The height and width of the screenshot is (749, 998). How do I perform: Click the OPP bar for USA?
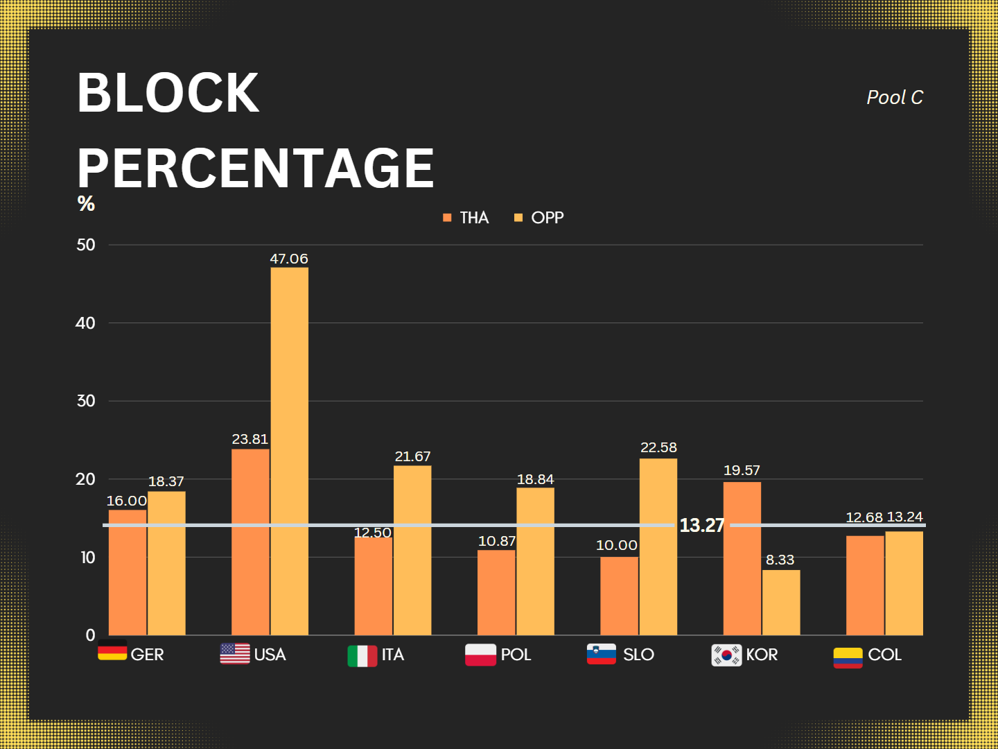(x=289, y=451)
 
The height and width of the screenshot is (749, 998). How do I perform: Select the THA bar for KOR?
(x=742, y=558)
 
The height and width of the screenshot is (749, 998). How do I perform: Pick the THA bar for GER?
(x=128, y=572)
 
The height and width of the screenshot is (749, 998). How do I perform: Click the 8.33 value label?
(x=780, y=560)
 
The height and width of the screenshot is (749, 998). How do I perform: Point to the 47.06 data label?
(x=289, y=259)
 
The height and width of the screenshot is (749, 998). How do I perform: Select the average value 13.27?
(x=701, y=525)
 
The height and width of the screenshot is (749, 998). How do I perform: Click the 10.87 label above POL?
(x=497, y=541)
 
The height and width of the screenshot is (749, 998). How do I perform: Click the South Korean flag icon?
(x=726, y=655)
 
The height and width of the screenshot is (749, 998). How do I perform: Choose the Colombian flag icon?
(x=848, y=657)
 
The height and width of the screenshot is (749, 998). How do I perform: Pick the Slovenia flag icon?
(x=601, y=654)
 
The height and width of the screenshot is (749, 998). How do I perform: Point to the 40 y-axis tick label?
(x=85, y=323)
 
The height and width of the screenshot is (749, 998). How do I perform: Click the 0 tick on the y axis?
(x=90, y=635)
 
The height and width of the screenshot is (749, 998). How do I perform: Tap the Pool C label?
(x=895, y=98)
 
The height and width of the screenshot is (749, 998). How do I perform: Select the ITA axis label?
(x=392, y=655)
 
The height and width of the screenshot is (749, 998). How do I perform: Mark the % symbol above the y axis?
(x=86, y=203)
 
